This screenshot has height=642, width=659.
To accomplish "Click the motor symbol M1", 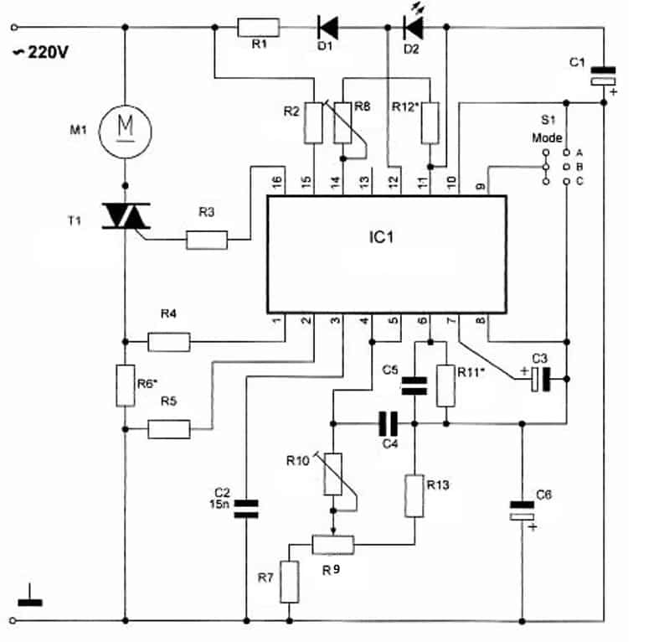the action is pyautogui.click(x=126, y=132).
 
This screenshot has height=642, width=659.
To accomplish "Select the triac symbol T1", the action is pyautogui.click(x=126, y=216).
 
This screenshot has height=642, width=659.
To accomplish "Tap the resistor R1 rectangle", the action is pyautogui.click(x=258, y=28).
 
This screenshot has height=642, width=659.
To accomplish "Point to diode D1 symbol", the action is pyautogui.click(x=327, y=28).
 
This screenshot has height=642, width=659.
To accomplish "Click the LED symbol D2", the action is pyautogui.click(x=413, y=28).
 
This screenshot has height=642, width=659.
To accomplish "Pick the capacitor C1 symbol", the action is pyautogui.click(x=604, y=75).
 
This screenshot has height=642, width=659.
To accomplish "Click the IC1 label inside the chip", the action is pyautogui.click(x=381, y=237).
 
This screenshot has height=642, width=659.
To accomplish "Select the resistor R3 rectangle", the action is pyautogui.click(x=207, y=240).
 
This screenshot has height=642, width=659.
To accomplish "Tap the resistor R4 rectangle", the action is pyautogui.click(x=169, y=342).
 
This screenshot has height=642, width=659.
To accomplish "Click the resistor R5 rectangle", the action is pyautogui.click(x=169, y=429).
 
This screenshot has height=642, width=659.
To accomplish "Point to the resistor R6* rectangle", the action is pyautogui.click(x=126, y=386).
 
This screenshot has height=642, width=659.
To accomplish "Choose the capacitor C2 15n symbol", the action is pyautogui.click(x=246, y=509).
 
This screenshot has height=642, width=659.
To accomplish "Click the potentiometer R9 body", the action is pyautogui.click(x=333, y=545).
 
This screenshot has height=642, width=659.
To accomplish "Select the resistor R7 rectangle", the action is pyautogui.click(x=290, y=582).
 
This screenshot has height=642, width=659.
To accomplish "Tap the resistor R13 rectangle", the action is pyautogui.click(x=414, y=496).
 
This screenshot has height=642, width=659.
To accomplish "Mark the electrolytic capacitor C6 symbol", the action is pyautogui.click(x=522, y=510).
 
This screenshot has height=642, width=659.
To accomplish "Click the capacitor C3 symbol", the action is pyautogui.click(x=540, y=379).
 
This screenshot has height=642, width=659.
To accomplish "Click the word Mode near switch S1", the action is pyautogui.click(x=547, y=137).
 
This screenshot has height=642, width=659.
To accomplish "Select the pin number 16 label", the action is pyautogui.click(x=276, y=182).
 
